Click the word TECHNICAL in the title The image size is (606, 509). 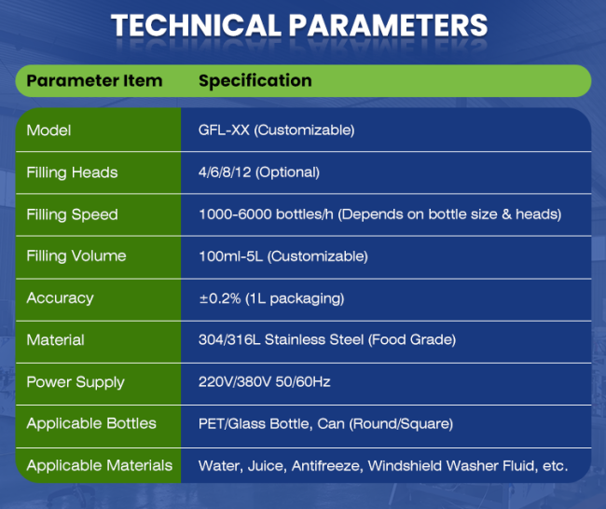click(197, 25)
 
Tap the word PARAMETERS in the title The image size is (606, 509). click(388, 25)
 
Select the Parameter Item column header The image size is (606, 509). click(94, 81)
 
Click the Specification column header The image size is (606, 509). click(255, 81)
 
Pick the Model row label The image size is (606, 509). click(48, 131)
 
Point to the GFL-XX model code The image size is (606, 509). click(224, 130)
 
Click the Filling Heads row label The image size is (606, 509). click(72, 172)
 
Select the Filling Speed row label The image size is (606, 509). click(73, 214)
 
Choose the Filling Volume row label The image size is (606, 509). click(76, 256)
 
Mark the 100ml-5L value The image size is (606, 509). click(230, 256)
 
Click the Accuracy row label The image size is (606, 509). click(60, 298)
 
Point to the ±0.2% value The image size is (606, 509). click(220, 298)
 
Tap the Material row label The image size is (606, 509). click(55, 340)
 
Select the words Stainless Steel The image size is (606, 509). click(314, 339)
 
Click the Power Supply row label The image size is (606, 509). click(76, 382)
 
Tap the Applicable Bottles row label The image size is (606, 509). click(91, 423)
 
